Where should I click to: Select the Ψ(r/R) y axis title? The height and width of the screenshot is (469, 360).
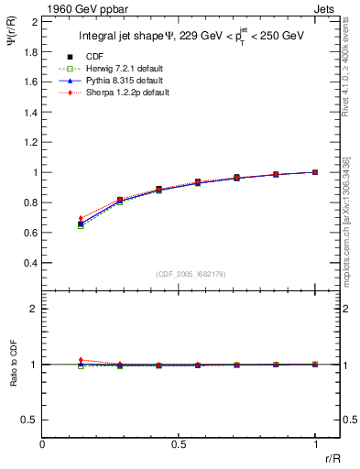click(x=13, y=38)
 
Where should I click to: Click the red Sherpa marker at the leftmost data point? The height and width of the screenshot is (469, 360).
click(x=81, y=218)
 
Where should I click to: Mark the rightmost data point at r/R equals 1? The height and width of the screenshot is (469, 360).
click(x=315, y=171)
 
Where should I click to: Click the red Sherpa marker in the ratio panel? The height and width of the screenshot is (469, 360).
click(x=81, y=360)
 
